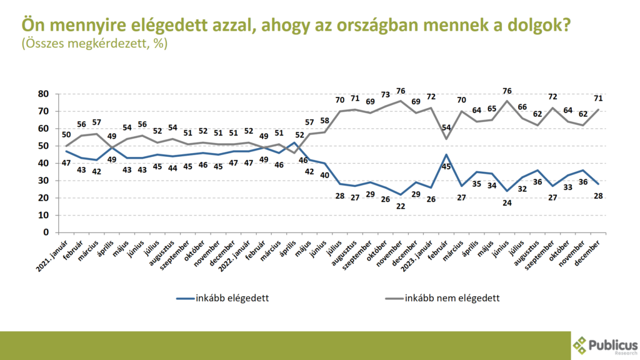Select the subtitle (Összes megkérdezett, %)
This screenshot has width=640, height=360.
(94, 44)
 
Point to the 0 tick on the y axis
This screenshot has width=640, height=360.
(46, 232)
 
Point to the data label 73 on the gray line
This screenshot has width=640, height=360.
(384, 94)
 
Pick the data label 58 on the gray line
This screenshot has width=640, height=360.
(325, 120)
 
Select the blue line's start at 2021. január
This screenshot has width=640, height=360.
(57, 151)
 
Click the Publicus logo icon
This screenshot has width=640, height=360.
(581, 346)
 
